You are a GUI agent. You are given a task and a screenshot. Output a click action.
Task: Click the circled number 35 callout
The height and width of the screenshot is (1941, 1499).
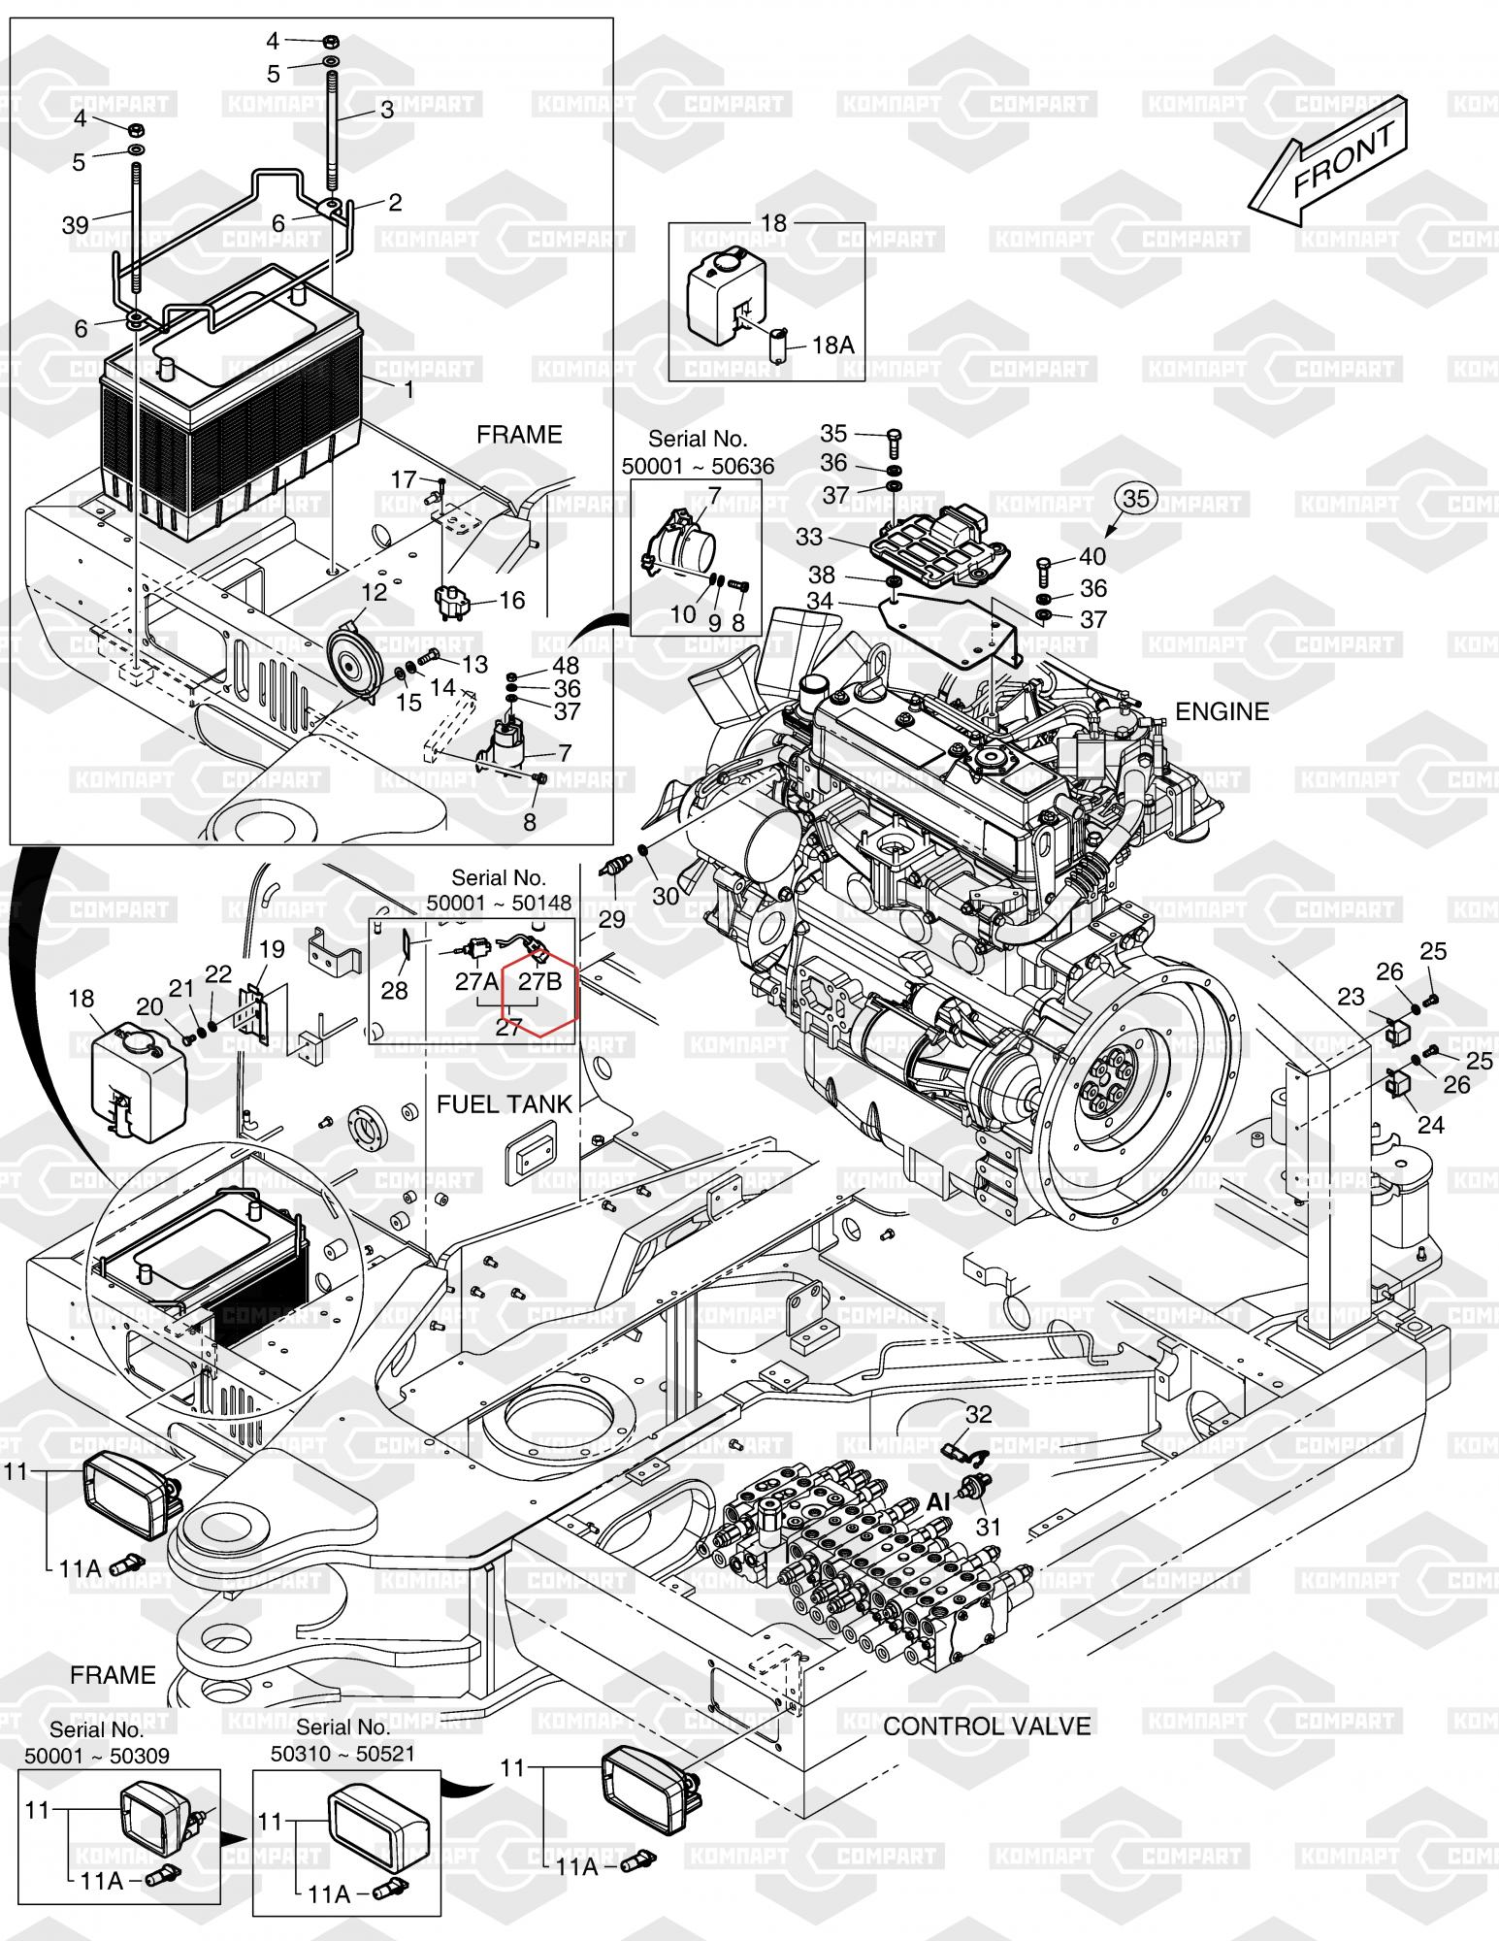1136,498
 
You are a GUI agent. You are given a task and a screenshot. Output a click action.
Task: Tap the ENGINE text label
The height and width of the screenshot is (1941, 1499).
1222,712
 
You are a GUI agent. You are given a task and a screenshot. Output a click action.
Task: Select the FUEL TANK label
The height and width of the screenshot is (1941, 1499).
505,1103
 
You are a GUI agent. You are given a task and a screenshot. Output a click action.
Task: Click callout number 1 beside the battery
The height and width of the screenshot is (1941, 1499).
408,389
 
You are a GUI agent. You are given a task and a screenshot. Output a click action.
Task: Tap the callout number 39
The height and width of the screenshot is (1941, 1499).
75,225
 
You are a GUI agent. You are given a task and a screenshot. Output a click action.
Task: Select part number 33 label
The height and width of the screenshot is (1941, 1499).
808,536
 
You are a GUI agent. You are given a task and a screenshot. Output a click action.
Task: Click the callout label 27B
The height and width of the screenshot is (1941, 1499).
539,981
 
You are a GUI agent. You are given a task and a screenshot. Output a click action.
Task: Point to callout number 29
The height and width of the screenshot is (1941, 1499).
612,917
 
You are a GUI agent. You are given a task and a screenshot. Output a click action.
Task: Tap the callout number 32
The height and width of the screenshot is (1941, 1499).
978,1414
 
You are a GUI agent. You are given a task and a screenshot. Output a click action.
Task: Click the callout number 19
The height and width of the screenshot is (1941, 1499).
272,949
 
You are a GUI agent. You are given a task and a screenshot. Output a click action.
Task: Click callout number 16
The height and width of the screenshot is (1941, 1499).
511,600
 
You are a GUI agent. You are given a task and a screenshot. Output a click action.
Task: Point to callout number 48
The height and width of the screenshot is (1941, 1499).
566,666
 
